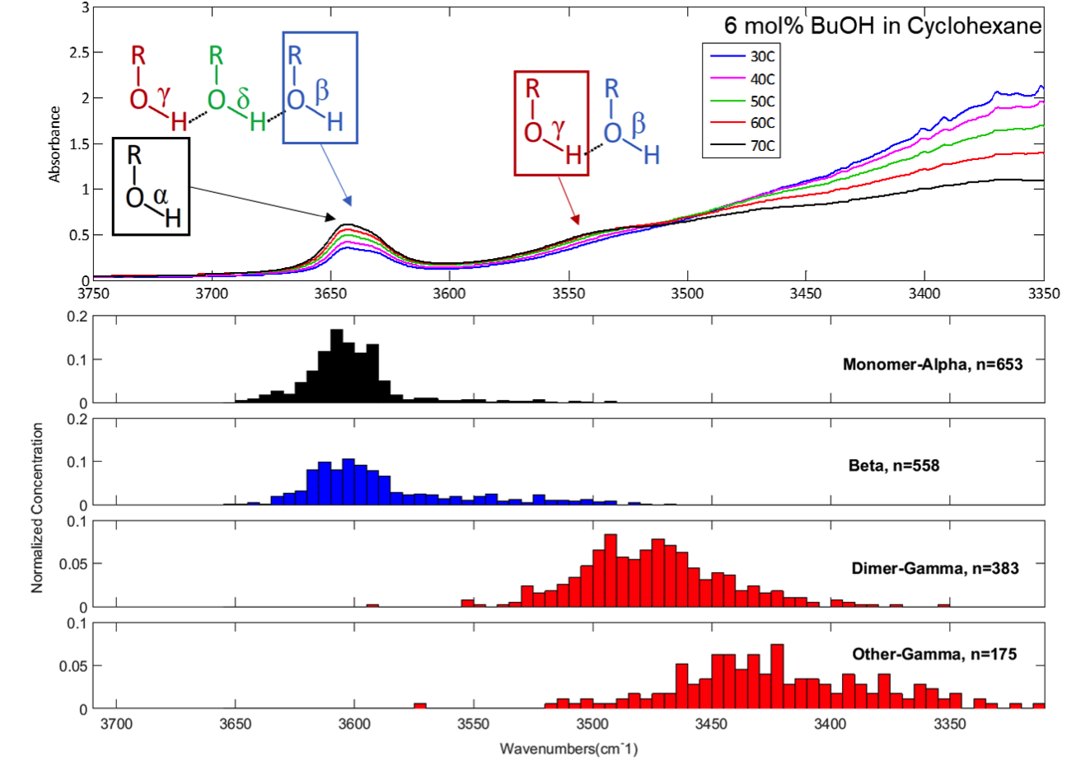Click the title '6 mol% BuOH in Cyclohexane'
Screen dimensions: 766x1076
pyautogui.click(x=882, y=26)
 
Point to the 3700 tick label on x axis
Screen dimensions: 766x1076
pyautogui.click(x=116, y=725)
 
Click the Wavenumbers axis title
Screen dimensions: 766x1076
pyautogui.click(x=568, y=749)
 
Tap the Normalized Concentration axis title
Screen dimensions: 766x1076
pyautogui.click(x=37, y=508)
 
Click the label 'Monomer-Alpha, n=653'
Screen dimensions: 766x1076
pyautogui.click(x=933, y=364)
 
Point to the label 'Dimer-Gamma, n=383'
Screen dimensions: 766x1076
pyautogui.click(x=935, y=568)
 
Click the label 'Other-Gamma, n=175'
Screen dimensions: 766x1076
pyautogui.click(x=934, y=654)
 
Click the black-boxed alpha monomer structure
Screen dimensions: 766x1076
pyautogui.click(x=152, y=186)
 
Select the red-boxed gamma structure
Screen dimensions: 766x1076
pyautogui.click(x=551, y=123)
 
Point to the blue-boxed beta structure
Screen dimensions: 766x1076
pyautogui.click(x=320, y=87)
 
